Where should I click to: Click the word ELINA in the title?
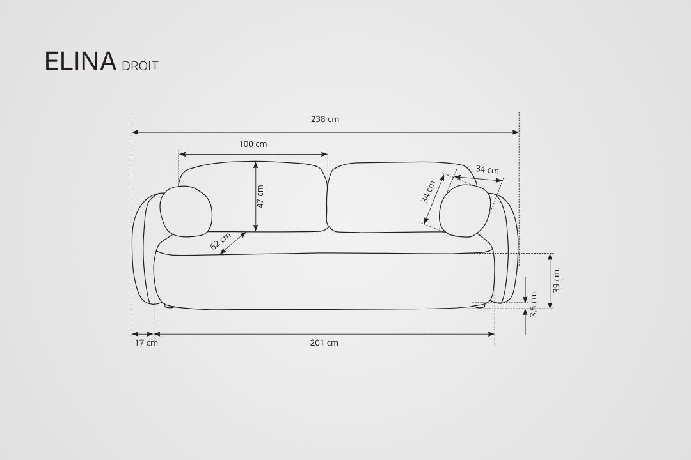coord(80,61)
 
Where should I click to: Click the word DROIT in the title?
coord(139,66)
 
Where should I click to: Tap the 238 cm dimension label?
coord(325,119)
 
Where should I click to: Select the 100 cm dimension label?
coord(253,144)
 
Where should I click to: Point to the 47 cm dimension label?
coord(260,196)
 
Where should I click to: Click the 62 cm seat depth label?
coord(220,241)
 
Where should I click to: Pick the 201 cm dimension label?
coord(324,342)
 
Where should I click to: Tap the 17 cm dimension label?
coord(146,342)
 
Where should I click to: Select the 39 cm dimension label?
coord(556,282)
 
